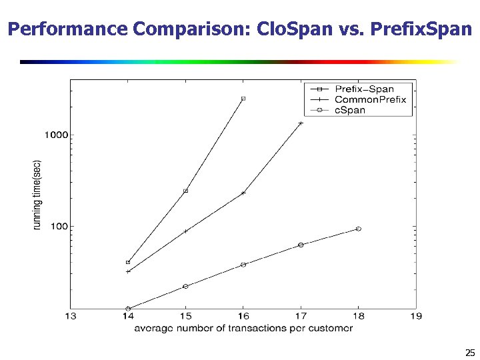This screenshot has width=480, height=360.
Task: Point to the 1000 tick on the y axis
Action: point(57,135)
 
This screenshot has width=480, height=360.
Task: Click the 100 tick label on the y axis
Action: point(59,227)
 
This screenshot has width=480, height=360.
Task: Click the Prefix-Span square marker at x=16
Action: point(243,99)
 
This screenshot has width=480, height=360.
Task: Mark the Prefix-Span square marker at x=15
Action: point(185,191)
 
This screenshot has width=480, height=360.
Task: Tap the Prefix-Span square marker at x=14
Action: point(128,262)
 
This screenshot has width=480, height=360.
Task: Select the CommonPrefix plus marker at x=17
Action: point(301,123)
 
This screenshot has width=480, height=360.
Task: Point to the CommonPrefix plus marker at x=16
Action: point(243,193)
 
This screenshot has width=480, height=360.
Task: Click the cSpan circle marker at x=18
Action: point(359,229)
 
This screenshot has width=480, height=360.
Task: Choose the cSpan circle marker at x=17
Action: point(301,245)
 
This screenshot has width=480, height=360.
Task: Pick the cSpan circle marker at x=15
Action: point(185,287)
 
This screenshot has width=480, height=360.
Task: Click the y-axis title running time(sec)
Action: point(38,195)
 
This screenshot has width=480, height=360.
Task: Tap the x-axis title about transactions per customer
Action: point(243,328)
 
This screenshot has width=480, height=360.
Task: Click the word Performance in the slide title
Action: point(68,29)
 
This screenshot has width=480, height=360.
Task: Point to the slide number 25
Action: point(470,353)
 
